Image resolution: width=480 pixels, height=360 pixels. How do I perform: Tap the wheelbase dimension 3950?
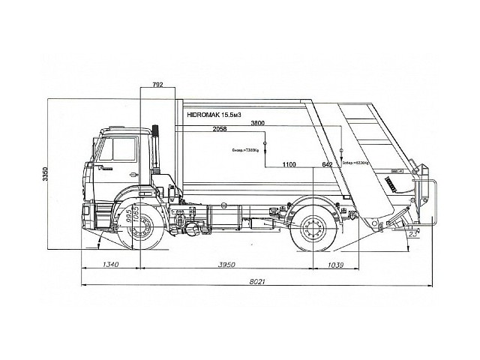click(x=228, y=265)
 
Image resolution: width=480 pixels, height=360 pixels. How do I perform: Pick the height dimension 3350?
click(x=46, y=175)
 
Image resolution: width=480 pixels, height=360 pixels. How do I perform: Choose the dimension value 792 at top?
click(x=157, y=86)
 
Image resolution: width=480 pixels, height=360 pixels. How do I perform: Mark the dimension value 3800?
click(x=258, y=122)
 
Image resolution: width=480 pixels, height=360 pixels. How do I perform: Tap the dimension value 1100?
click(x=289, y=163)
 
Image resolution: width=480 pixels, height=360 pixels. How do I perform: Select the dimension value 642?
click(x=326, y=163)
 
